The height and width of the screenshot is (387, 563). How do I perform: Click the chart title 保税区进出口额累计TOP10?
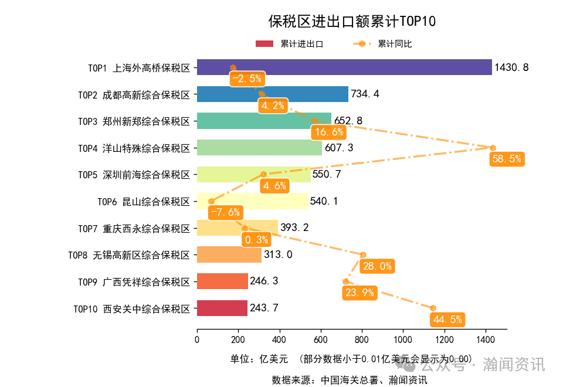[352, 22]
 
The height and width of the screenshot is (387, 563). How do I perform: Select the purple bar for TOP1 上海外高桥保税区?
[344, 67]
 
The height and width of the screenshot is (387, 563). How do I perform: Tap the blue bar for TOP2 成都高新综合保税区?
[272, 94]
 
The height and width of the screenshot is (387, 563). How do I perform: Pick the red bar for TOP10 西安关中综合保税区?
[222, 308]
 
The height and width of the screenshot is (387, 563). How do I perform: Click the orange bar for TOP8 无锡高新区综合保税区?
[229, 254]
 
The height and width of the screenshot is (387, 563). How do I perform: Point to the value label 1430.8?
[511, 67]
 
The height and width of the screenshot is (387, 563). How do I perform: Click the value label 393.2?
[296, 228]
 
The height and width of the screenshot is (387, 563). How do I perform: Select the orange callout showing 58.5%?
[506, 159]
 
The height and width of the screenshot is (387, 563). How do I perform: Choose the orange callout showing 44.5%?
[447, 320]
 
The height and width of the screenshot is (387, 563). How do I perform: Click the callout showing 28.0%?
[377, 266]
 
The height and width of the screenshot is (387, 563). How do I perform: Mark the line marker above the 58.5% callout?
[493, 148]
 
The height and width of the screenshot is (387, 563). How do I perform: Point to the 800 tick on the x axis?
[362, 340]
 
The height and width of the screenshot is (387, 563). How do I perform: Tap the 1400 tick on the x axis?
[486, 340]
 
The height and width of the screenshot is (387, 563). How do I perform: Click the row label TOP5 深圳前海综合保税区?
[134, 175]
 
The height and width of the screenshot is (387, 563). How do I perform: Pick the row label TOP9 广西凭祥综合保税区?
[134, 281]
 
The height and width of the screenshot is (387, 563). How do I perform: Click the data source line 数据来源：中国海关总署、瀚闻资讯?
[350, 379]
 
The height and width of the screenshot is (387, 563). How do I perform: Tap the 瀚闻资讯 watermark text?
[514, 365]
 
